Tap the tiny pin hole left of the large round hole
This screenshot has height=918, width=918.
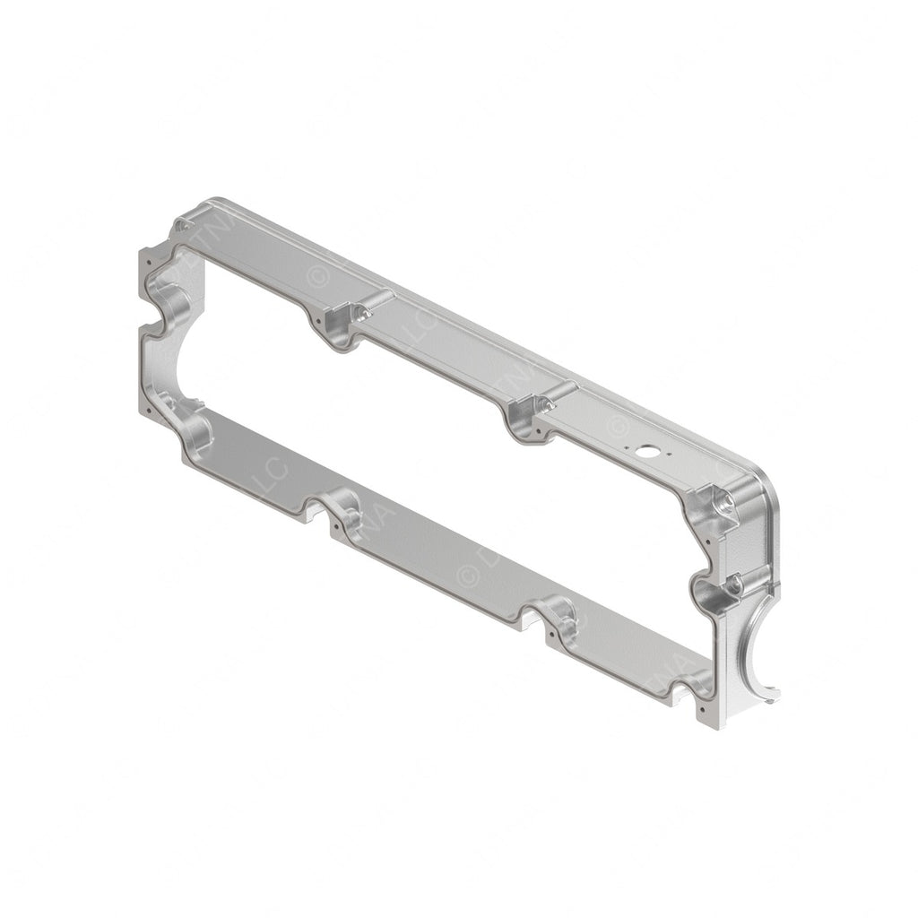[x=627, y=441]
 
